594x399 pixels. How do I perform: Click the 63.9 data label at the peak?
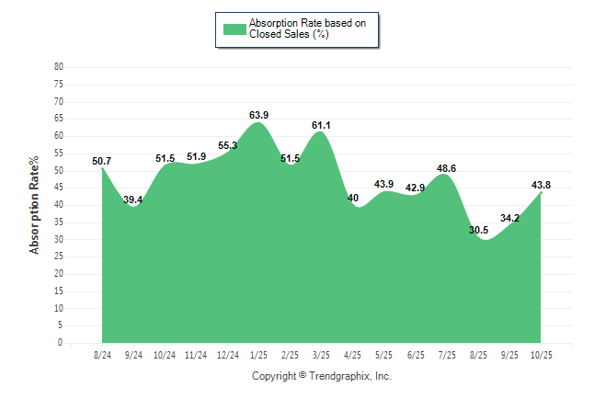pyautogui.click(x=259, y=115)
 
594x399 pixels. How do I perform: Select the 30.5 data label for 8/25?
pyautogui.click(x=478, y=230)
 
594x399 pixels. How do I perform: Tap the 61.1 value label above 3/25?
pyautogui.click(x=321, y=125)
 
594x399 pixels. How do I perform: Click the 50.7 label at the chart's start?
pyautogui.click(x=101, y=161)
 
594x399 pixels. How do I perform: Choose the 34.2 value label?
pyautogui.click(x=509, y=218)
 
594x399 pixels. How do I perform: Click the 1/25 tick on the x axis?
pyautogui.click(x=259, y=355)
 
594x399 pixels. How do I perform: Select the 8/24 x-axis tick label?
pyautogui.click(x=102, y=355)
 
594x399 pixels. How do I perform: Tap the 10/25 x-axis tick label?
pyautogui.click(x=541, y=355)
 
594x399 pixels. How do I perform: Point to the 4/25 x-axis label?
pyautogui.click(x=353, y=355)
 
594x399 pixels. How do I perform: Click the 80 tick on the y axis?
pyautogui.click(x=59, y=67)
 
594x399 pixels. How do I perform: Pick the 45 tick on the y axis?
pyautogui.click(x=59, y=188)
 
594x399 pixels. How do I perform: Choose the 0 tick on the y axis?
pyautogui.click(x=61, y=343)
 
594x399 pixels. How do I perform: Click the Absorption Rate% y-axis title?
pyautogui.click(x=35, y=205)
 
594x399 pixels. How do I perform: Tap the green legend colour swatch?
pyautogui.click(x=234, y=28)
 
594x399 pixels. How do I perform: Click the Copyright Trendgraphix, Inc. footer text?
pyautogui.click(x=322, y=376)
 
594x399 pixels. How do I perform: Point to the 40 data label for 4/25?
pyautogui.click(x=353, y=198)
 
